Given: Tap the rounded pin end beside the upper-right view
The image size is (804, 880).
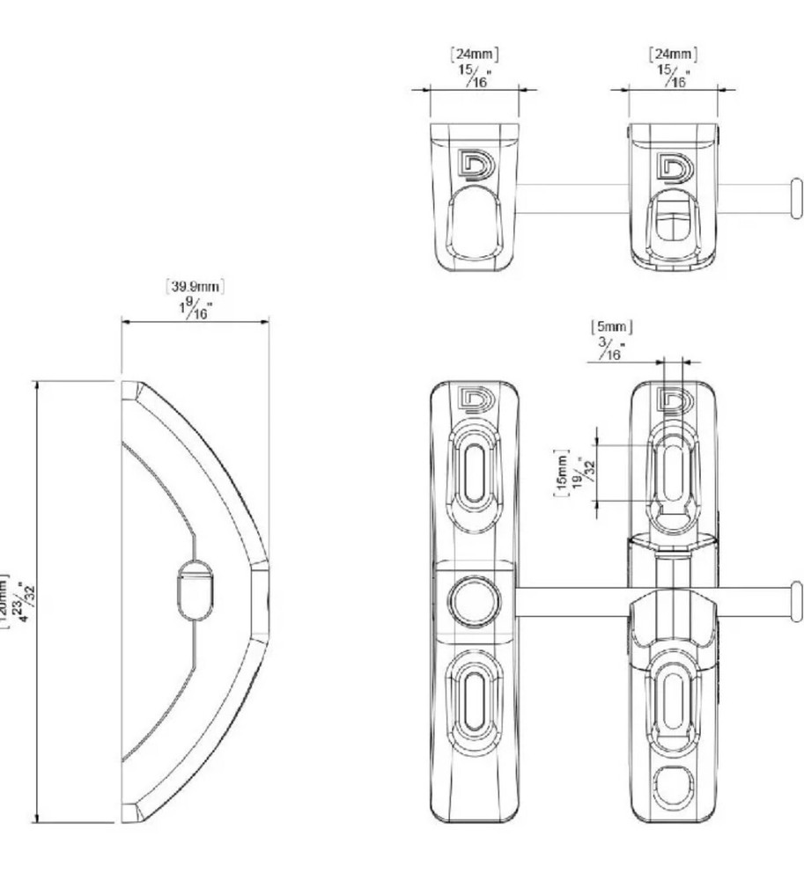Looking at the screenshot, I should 797,197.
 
